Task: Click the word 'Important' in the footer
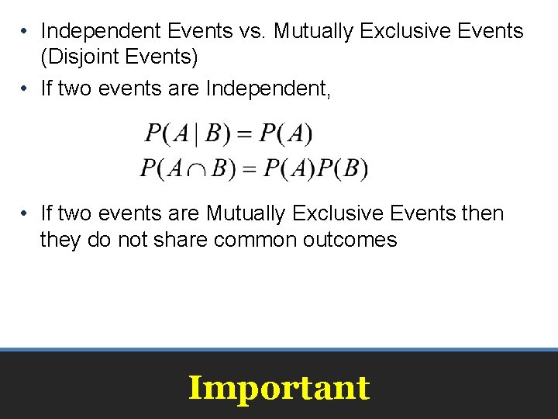tap(279, 387)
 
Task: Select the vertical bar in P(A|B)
tap(196, 135)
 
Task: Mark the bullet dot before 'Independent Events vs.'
tap(26, 32)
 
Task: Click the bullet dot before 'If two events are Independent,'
tap(26, 89)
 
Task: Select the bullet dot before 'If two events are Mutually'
tap(26, 213)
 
